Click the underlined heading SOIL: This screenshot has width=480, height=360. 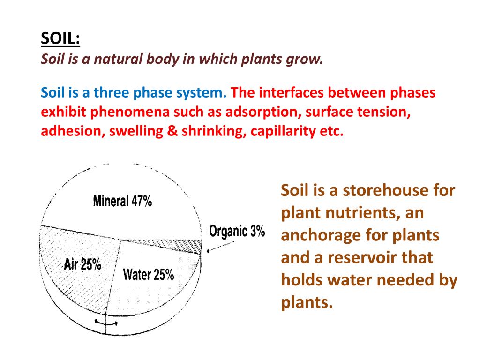coord(60,39)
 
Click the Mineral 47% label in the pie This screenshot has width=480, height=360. coord(122,201)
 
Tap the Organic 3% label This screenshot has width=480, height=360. coord(237,231)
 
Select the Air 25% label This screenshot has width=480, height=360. coord(82,264)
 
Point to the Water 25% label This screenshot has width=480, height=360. coord(149,274)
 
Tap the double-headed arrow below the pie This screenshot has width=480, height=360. coord(106,322)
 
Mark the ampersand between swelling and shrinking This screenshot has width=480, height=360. coord(172,131)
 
